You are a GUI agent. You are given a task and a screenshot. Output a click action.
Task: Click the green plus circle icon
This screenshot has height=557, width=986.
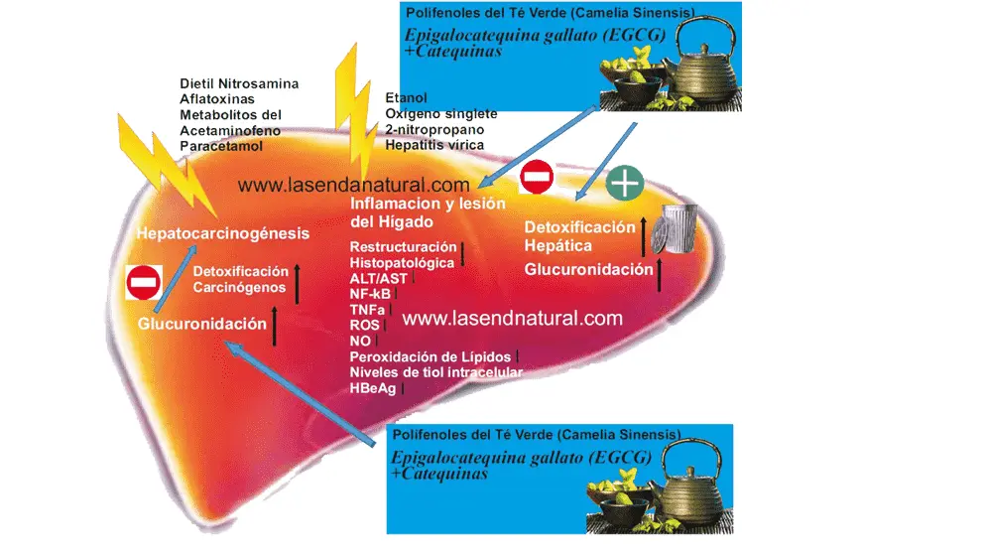[x=624, y=183]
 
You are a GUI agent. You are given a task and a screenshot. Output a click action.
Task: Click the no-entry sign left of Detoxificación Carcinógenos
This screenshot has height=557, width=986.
[x=144, y=282]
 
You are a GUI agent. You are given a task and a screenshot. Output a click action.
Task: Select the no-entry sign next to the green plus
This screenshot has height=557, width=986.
[x=537, y=177]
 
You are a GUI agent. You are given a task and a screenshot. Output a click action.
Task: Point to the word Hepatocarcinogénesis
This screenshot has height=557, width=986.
[x=222, y=233]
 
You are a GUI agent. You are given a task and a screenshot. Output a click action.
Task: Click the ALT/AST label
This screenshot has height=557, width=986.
[x=378, y=278]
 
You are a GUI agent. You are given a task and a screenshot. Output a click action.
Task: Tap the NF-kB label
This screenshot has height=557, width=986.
[x=370, y=294]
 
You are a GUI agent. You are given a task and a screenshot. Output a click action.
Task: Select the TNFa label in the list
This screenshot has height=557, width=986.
[x=367, y=310]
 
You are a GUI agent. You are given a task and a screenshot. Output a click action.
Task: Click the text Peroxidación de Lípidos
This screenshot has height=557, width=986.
[x=431, y=356]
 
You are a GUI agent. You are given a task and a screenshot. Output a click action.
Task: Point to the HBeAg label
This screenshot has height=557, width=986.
[x=373, y=388]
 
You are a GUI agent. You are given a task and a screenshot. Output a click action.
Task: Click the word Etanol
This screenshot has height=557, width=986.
[x=407, y=97]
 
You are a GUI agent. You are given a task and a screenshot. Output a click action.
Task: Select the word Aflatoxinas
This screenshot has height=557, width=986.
[x=217, y=99]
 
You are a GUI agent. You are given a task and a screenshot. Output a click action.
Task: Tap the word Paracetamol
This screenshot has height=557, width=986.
[x=221, y=146]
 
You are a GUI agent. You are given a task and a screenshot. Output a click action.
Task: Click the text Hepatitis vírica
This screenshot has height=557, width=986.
[x=434, y=145]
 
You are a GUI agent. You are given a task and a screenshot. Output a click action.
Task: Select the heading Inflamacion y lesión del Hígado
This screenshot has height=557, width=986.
[x=428, y=212]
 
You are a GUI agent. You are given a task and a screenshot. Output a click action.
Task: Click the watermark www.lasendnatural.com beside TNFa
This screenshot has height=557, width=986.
[x=513, y=318]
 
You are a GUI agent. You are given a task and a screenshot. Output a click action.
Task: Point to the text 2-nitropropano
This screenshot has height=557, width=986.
[x=434, y=129]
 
